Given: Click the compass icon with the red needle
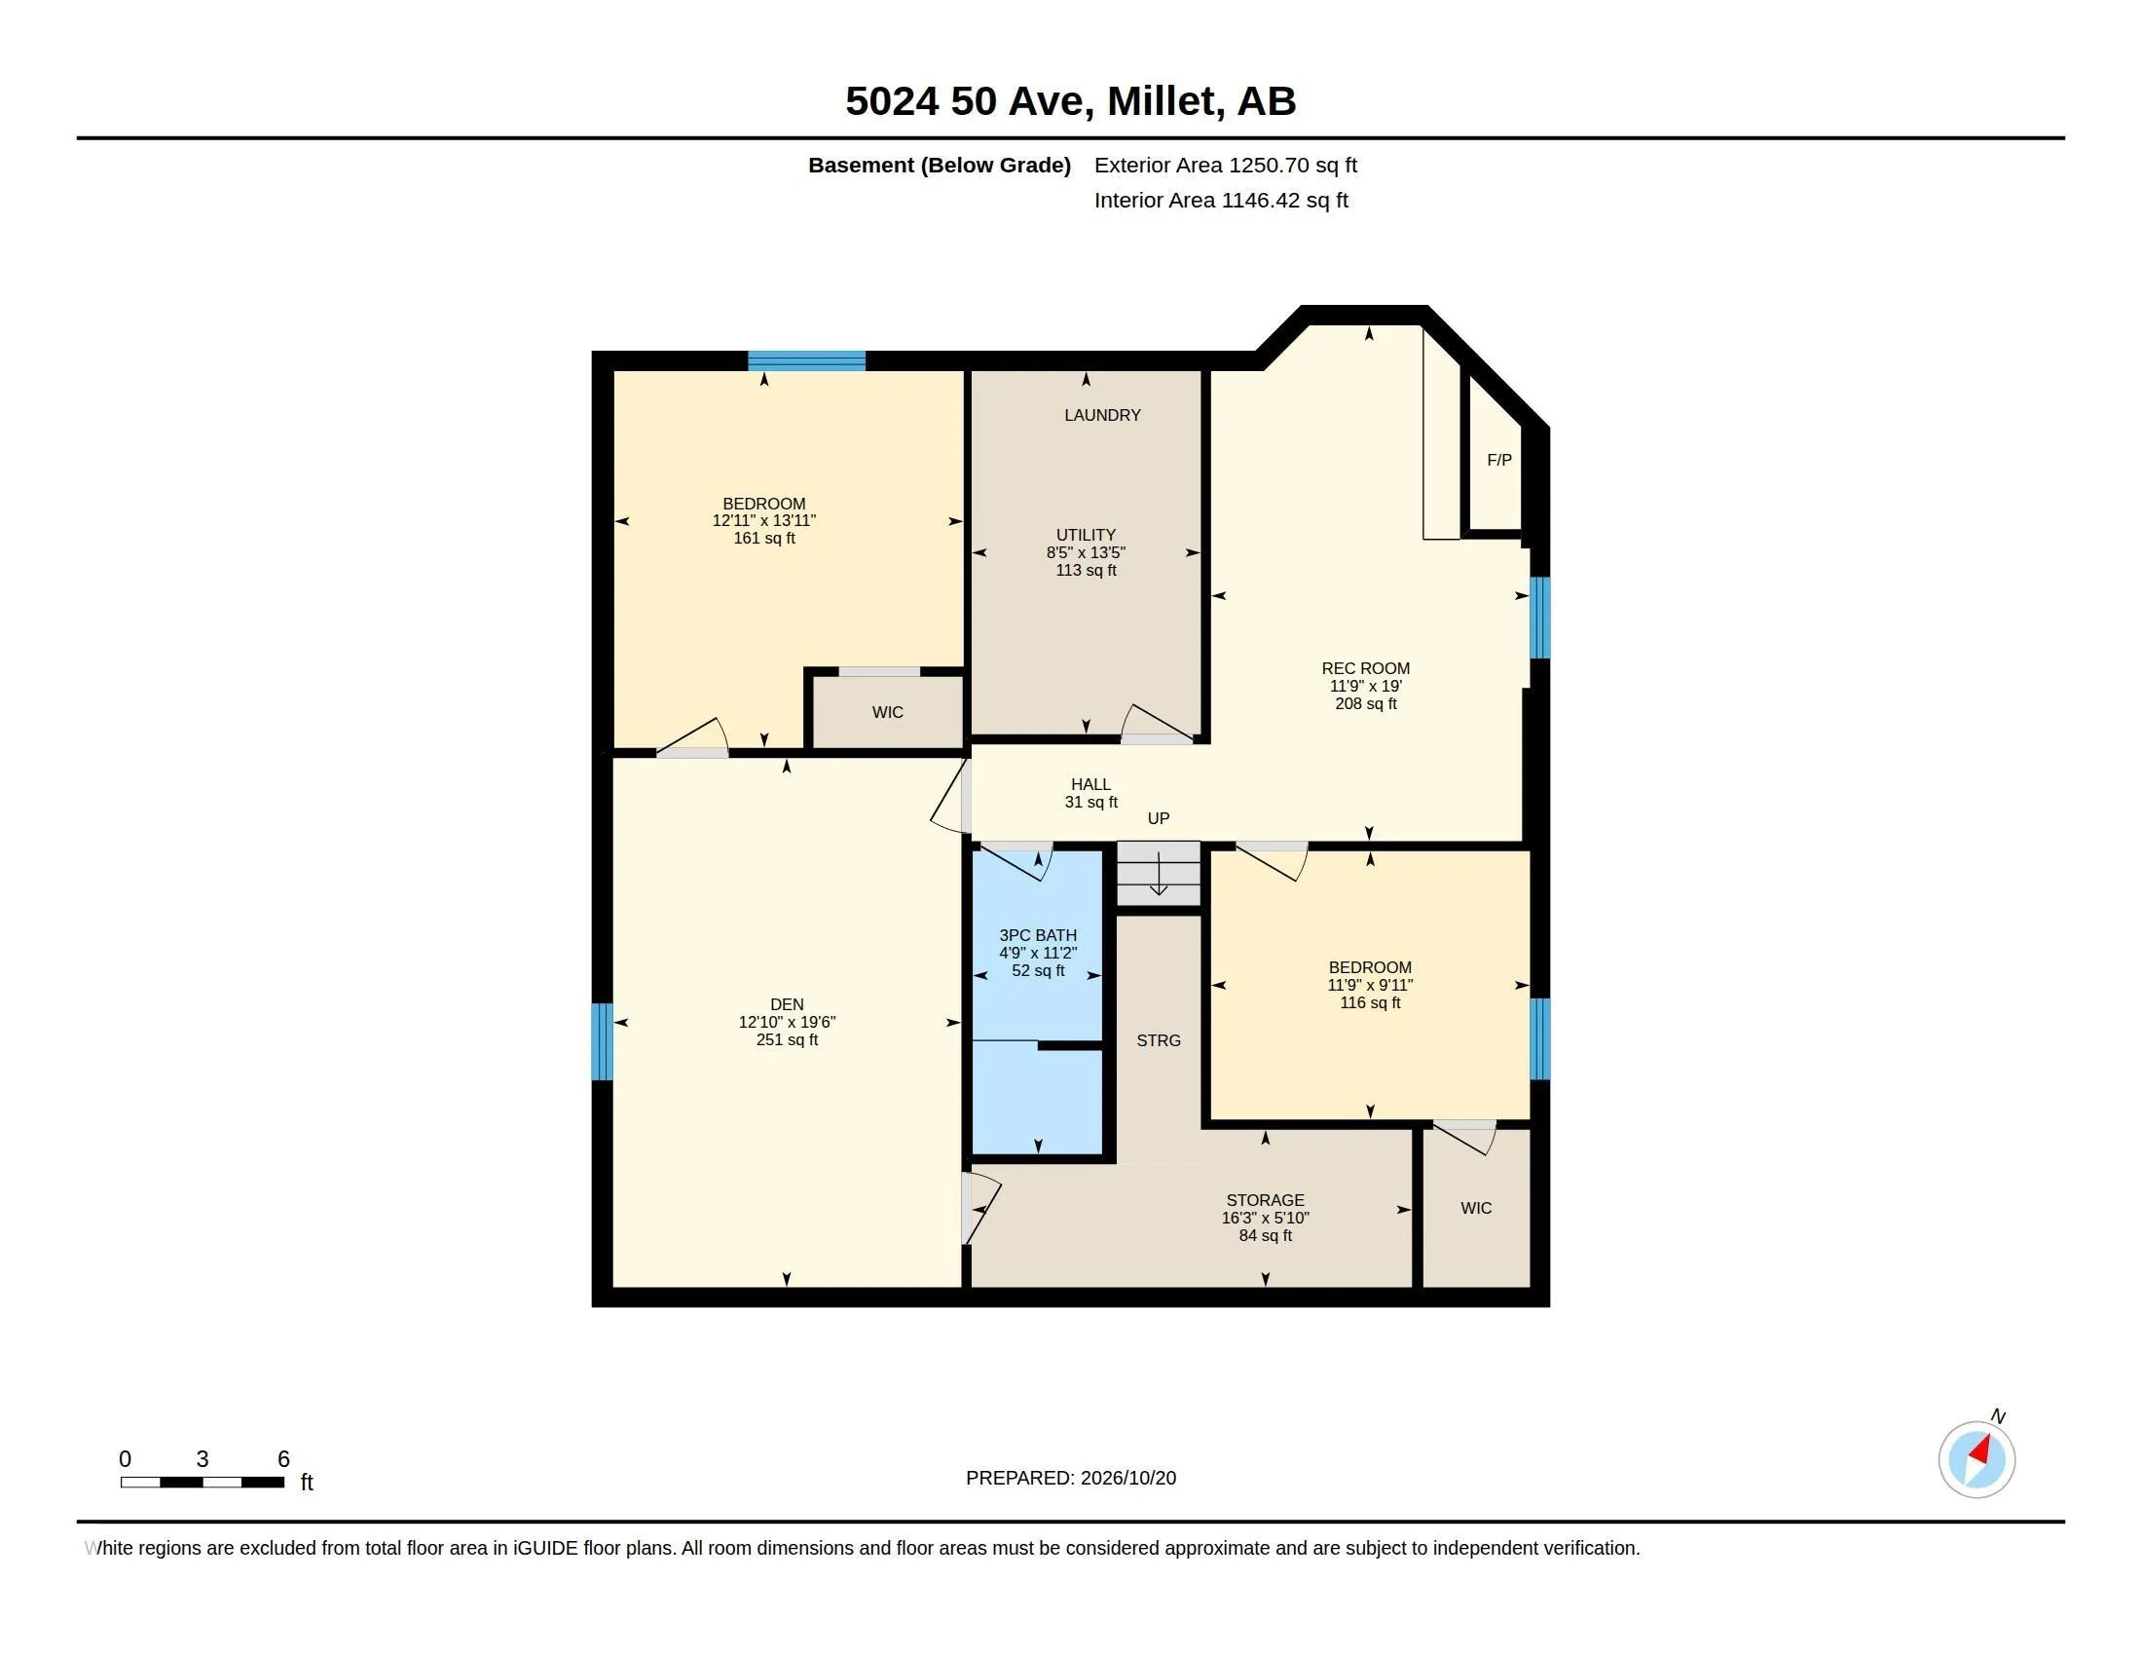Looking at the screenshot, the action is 1976,1459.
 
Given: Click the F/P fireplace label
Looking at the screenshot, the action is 1498,460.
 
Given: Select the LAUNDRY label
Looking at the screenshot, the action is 1102,415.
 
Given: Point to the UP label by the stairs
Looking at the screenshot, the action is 1159,818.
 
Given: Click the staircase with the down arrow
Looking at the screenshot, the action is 1159,873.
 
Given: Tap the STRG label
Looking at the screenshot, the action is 1159,1040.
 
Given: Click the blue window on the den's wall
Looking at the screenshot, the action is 601,1041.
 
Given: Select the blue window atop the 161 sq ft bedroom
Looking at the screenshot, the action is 806,360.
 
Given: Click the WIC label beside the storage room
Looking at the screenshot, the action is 1475,1208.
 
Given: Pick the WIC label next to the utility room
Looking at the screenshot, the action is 887,712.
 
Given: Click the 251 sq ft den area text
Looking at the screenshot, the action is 787,1040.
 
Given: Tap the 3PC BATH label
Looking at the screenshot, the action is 1038,936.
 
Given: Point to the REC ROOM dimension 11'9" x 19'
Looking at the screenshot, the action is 1365,686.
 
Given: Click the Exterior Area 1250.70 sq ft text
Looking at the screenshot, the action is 1225,165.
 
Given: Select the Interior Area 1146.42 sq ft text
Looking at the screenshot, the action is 1221,200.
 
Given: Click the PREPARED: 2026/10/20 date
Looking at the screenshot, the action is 1071,1478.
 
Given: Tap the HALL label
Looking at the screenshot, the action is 1090,785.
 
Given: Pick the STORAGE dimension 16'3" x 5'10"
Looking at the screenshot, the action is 1265,1218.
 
